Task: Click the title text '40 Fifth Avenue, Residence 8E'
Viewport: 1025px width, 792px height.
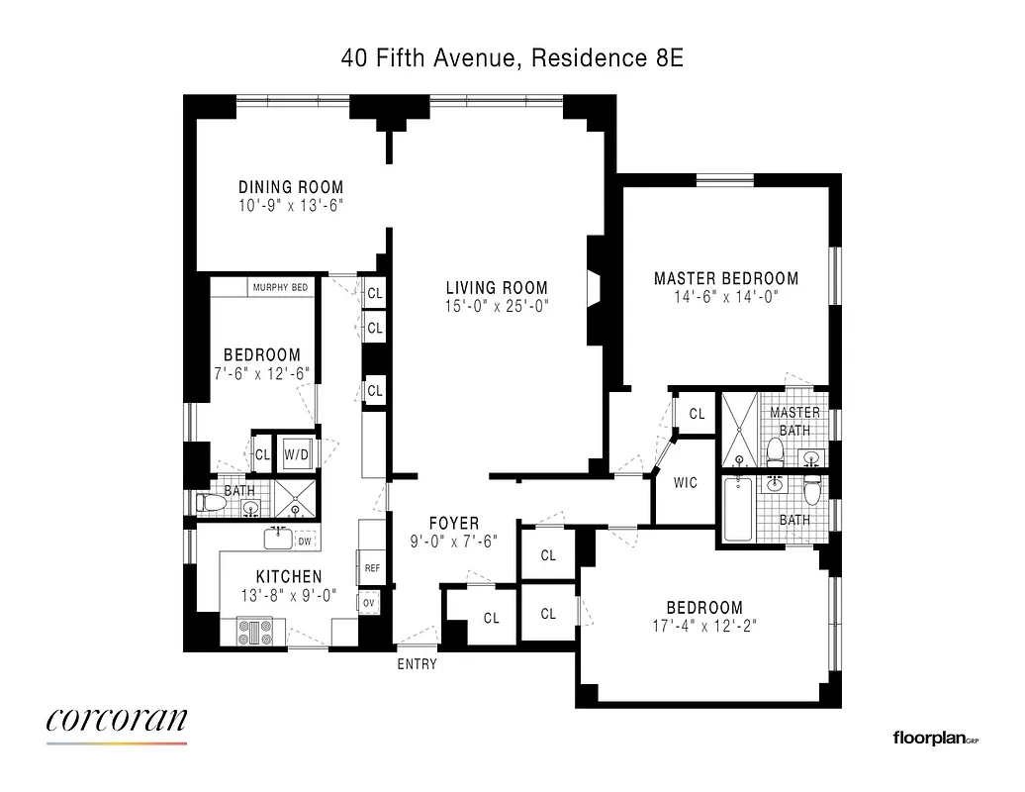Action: [512, 58]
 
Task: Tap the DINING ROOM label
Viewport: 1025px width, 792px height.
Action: [291, 187]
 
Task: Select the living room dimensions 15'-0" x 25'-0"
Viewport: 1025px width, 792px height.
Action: [497, 307]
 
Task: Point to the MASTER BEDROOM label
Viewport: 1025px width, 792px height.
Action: [726, 278]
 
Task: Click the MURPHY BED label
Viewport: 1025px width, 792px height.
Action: [280, 287]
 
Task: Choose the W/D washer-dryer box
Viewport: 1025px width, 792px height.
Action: [296, 454]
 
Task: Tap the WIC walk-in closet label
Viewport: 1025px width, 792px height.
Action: [685, 483]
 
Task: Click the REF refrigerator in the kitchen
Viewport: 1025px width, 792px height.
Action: [372, 568]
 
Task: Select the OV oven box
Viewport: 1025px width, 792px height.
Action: [369, 602]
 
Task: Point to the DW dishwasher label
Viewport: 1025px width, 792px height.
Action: [305, 541]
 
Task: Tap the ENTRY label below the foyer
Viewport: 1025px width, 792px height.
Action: [417, 664]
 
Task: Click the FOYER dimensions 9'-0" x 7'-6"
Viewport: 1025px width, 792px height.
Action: [453, 542]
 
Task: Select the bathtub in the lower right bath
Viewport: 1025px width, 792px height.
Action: [738, 509]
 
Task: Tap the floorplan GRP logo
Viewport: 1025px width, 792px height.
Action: [933, 738]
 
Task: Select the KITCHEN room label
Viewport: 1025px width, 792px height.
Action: [289, 577]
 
